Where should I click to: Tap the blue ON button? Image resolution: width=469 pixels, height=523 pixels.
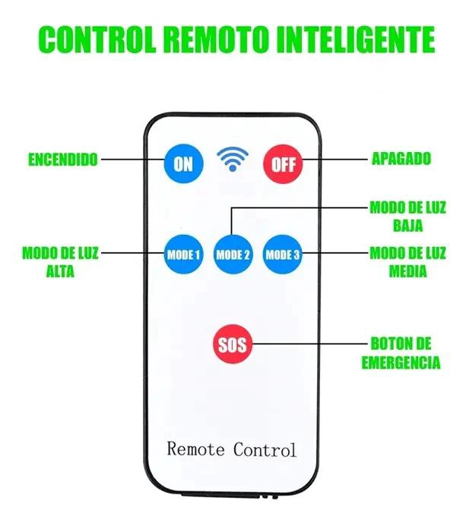[183, 163]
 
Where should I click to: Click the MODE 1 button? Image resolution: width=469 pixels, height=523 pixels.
[183, 255]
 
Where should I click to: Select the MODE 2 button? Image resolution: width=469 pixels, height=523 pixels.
[233, 255]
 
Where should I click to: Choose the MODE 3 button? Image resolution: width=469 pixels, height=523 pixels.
[283, 255]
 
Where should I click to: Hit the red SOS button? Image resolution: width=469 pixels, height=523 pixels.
[233, 344]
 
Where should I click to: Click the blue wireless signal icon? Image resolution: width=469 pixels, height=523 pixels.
[233, 159]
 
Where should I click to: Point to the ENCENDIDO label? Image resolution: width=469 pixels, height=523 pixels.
[63, 160]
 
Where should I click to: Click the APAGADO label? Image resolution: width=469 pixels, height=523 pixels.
[401, 158]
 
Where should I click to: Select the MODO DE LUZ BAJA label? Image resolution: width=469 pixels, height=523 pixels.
[407, 217]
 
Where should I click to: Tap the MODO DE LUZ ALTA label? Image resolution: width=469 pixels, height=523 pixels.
[60, 262]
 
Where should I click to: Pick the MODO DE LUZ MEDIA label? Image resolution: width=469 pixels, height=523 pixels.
[407, 262]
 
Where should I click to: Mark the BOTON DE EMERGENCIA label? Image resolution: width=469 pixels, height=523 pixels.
[401, 353]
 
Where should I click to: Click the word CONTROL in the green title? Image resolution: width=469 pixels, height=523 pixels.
[97, 39]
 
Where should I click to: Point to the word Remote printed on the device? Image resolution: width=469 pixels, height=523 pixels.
[195, 449]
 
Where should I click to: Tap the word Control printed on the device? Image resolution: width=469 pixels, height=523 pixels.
[265, 449]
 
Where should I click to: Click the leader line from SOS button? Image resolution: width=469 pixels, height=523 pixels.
[309, 344]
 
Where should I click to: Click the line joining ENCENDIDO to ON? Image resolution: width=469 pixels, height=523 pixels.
[133, 160]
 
